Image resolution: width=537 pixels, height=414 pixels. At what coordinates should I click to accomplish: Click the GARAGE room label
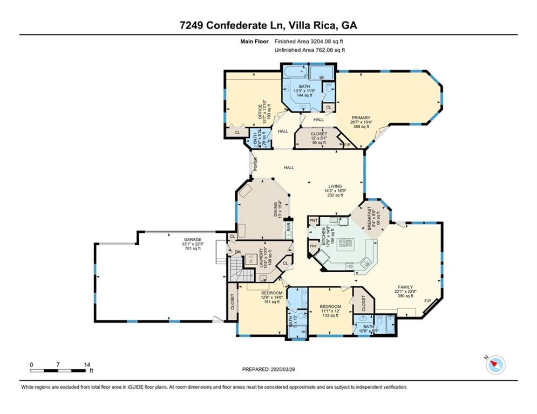(193, 239)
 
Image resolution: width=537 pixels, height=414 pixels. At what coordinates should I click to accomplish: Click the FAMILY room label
(405, 287)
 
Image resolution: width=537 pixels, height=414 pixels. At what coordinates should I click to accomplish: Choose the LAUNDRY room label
(261, 258)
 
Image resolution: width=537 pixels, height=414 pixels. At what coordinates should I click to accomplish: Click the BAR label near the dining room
(289, 228)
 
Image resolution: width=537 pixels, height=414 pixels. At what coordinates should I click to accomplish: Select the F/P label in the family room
(427, 300)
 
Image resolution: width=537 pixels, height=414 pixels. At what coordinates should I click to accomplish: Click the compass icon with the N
(495, 365)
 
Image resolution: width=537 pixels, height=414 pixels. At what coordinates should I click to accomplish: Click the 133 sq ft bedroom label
(330, 311)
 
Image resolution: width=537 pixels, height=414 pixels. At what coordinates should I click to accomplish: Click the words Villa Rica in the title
(311, 25)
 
